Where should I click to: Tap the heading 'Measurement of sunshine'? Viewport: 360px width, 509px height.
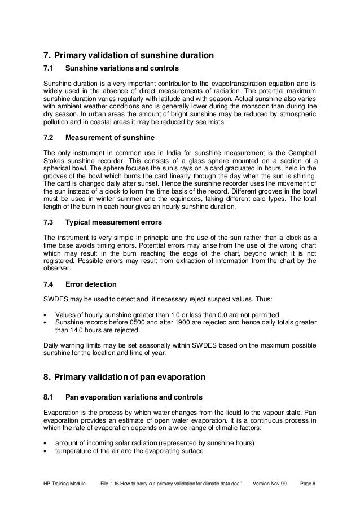108,137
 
